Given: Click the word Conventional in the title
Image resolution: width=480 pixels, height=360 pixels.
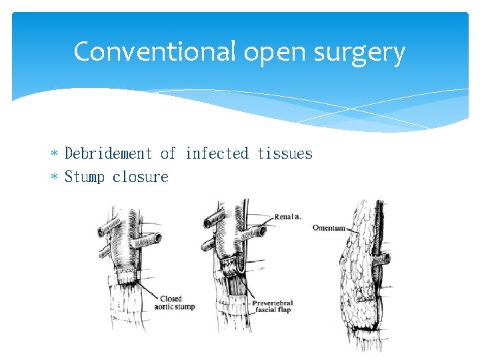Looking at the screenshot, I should click(155, 52).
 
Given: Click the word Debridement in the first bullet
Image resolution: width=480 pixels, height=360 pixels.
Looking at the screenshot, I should click(109, 154).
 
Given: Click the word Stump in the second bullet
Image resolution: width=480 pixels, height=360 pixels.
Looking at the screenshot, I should click(85, 177).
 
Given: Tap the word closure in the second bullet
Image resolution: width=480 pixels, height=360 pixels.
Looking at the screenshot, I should click(141, 177).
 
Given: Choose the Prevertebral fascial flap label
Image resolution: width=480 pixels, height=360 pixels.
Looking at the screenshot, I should click(273, 307).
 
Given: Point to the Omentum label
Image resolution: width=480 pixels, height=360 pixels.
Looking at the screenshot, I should click(329, 228).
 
